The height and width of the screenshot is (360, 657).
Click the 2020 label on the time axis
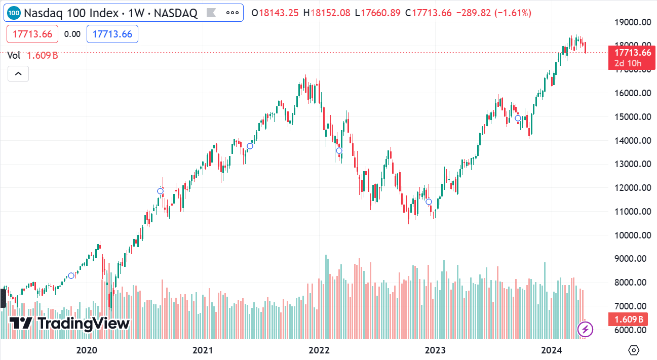pos(86,350)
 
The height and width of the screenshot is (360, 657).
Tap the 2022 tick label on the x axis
pos(319,350)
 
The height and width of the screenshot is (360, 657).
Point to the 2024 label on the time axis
pos(551,350)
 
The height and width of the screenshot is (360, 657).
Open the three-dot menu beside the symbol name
pos(233,13)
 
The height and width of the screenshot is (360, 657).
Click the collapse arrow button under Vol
pos(18,74)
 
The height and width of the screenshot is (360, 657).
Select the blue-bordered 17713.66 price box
pos(112,34)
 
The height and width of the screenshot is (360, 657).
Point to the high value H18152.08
pos(327,13)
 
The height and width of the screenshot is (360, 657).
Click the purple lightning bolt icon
pos(586,330)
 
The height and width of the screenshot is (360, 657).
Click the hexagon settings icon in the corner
pos(634,350)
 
